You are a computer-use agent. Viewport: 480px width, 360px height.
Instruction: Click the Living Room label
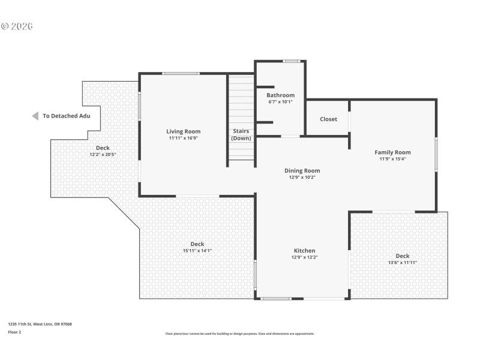(x=184, y=131)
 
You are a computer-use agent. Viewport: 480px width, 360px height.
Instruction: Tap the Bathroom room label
(x=280, y=95)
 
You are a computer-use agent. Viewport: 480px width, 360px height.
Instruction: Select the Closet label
(x=328, y=119)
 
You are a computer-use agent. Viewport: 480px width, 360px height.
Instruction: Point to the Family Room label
(x=392, y=152)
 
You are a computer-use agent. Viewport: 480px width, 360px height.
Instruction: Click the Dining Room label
(x=302, y=170)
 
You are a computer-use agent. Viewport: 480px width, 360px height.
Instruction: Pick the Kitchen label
(x=304, y=251)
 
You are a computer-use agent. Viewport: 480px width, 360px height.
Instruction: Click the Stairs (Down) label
(x=241, y=134)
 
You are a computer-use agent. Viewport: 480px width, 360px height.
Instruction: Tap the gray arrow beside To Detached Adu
(x=35, y=116)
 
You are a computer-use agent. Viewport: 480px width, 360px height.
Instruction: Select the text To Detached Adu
(x=66, y=116)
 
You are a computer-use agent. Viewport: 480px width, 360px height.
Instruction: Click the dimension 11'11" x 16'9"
(x=184, y=138)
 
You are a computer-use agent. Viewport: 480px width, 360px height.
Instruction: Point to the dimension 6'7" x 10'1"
(x=280, y=101)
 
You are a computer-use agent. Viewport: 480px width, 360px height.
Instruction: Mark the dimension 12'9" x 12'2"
(x=304, y=257)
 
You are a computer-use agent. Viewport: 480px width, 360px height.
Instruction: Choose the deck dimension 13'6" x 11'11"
(x=403, y=262)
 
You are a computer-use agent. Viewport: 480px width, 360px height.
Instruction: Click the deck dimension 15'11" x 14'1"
(x=197, y=250)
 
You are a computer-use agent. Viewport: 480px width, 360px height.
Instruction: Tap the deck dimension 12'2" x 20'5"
(x=103, y=154)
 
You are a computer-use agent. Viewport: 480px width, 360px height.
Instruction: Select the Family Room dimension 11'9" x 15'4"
(x=392, y=159)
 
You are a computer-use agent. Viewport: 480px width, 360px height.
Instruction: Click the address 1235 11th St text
(x=40, y=324)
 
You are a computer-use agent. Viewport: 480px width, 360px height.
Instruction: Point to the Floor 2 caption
(x=14, y=331)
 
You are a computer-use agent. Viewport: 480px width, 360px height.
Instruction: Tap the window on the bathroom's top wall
(x=292, y=61)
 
